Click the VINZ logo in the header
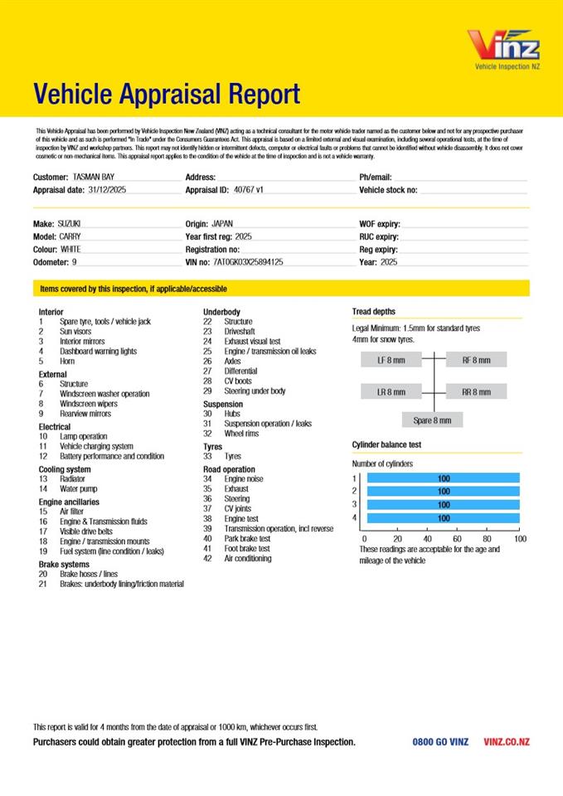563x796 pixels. click(503, 46)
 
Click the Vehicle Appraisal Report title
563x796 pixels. click(167, 95)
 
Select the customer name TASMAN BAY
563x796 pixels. click(94, 177)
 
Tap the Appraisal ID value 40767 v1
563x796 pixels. click(249, 190)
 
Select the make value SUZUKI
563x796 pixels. click(69, 225)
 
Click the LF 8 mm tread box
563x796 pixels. click(391, 360)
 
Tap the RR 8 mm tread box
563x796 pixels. click(476, 391)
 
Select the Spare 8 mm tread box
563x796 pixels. click(432, 420)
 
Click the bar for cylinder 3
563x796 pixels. click(443, 504)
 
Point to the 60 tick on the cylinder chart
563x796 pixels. click(458, 538)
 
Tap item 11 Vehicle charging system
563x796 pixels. click(95, 446)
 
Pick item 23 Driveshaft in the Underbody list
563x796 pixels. click(240, 332)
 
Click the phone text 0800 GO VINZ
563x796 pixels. click(440, 742)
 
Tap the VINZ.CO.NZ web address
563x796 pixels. click(507, 742)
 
